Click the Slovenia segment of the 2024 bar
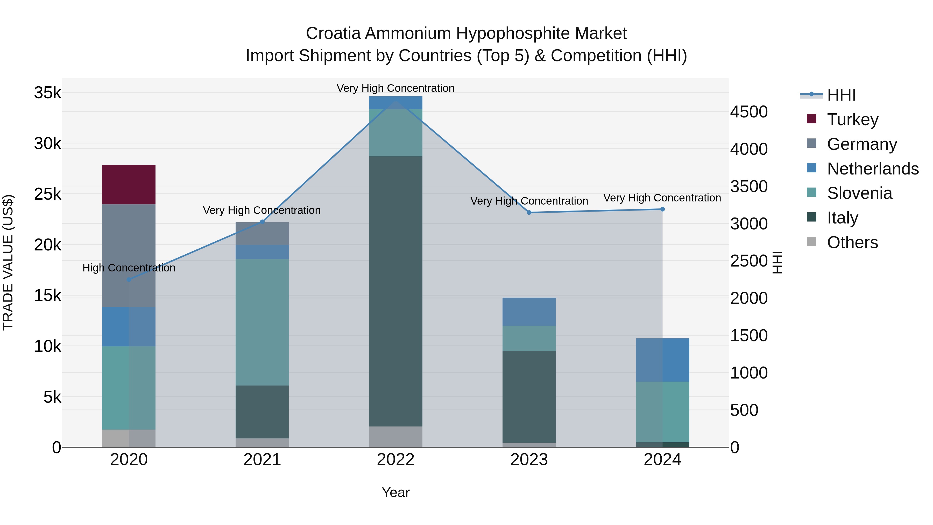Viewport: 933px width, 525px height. [662, 412]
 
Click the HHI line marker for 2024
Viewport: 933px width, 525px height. [662, 209]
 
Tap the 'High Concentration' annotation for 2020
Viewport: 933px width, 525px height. [129, 268]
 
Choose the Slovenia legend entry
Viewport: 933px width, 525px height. [859, 193]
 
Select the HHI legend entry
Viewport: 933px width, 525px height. [841, 95]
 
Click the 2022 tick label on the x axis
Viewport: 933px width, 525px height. [395, 460]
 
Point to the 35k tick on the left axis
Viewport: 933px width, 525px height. [47, 93]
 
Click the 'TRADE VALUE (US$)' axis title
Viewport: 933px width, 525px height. [8, 262]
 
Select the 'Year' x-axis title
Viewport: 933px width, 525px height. [395, 492]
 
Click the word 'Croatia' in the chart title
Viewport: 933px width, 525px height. [333, 33]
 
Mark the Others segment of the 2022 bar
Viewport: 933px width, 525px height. [395, 437]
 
